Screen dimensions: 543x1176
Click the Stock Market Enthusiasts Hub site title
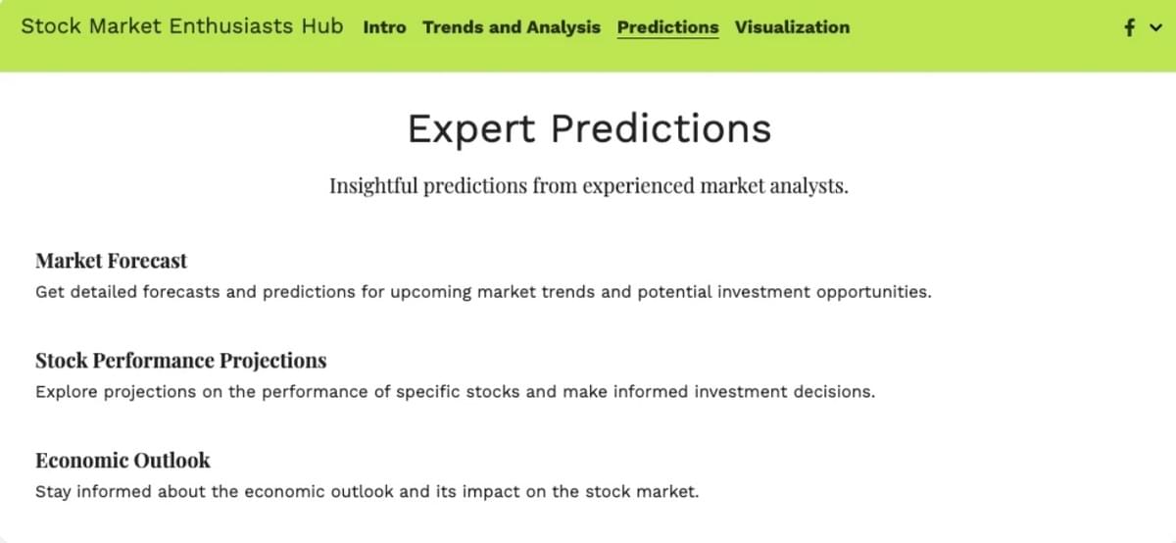point(182,26)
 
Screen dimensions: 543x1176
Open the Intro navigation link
point(384,27)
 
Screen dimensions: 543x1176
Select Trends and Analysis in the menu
point(512,27)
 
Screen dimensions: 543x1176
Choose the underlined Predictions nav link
point(667,27)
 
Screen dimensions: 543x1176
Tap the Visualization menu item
point(792,27)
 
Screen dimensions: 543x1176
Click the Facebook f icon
point(1130,28)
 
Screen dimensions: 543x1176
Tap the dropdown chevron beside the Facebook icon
point(1152,29)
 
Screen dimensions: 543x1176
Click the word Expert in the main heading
point(472,128)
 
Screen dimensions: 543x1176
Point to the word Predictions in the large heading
point(661,128)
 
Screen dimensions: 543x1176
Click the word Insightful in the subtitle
point(373,185)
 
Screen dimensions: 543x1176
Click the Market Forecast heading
point(111,261)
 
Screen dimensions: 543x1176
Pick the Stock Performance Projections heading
point(180,361)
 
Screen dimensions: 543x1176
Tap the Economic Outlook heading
point(122,460)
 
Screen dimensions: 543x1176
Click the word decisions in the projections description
point(838,392)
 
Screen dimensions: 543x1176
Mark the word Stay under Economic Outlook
point(53,491)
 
